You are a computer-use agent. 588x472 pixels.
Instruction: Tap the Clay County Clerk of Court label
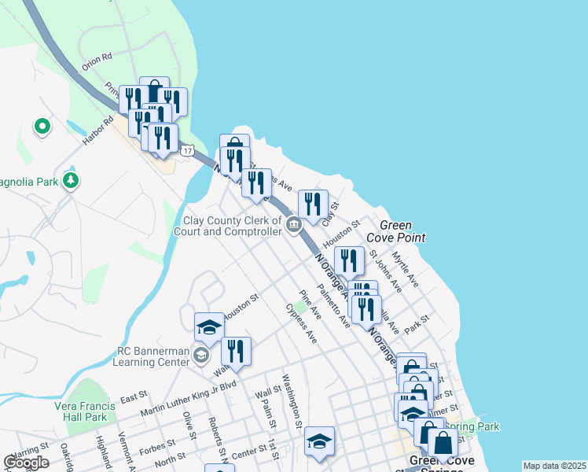click(x=233, y=227)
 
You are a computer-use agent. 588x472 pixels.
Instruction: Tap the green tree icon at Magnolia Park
click(x=72, y=180)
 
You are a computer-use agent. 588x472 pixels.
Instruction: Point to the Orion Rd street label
click(x=97, y=61)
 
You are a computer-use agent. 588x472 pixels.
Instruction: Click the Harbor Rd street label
click(x=98, y=132)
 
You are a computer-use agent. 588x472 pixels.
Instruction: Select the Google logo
click(x=26, y=463)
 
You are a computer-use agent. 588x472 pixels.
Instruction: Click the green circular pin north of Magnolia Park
click(x=42, y=125)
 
